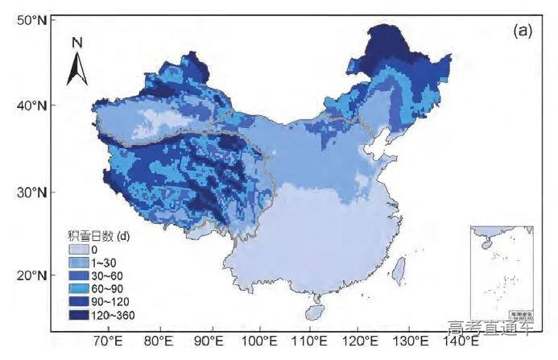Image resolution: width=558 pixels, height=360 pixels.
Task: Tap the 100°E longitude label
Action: pyautogui.click(x=260, y=341)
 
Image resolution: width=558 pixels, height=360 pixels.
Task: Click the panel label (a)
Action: pyautogui.click(x=522, y=31)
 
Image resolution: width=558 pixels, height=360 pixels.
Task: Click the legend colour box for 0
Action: pyautogui.click(x=78, y=250)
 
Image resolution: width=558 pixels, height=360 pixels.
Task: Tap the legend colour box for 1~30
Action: pyautogui.click(x=78, y=263)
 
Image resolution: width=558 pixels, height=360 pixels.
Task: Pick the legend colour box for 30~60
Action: pyautogui.click(x=78, y=275)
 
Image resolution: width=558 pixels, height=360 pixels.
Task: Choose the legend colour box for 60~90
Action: pyautogui.click(x=78, y=288)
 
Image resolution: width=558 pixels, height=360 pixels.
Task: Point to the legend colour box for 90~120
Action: pyautogui.click(x=78, y=301)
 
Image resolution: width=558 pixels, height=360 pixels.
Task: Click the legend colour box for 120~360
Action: pyautogui.click(x=78, y=314)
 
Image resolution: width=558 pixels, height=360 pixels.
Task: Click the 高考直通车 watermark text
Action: pyautogui.click(x=492, y=328)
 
